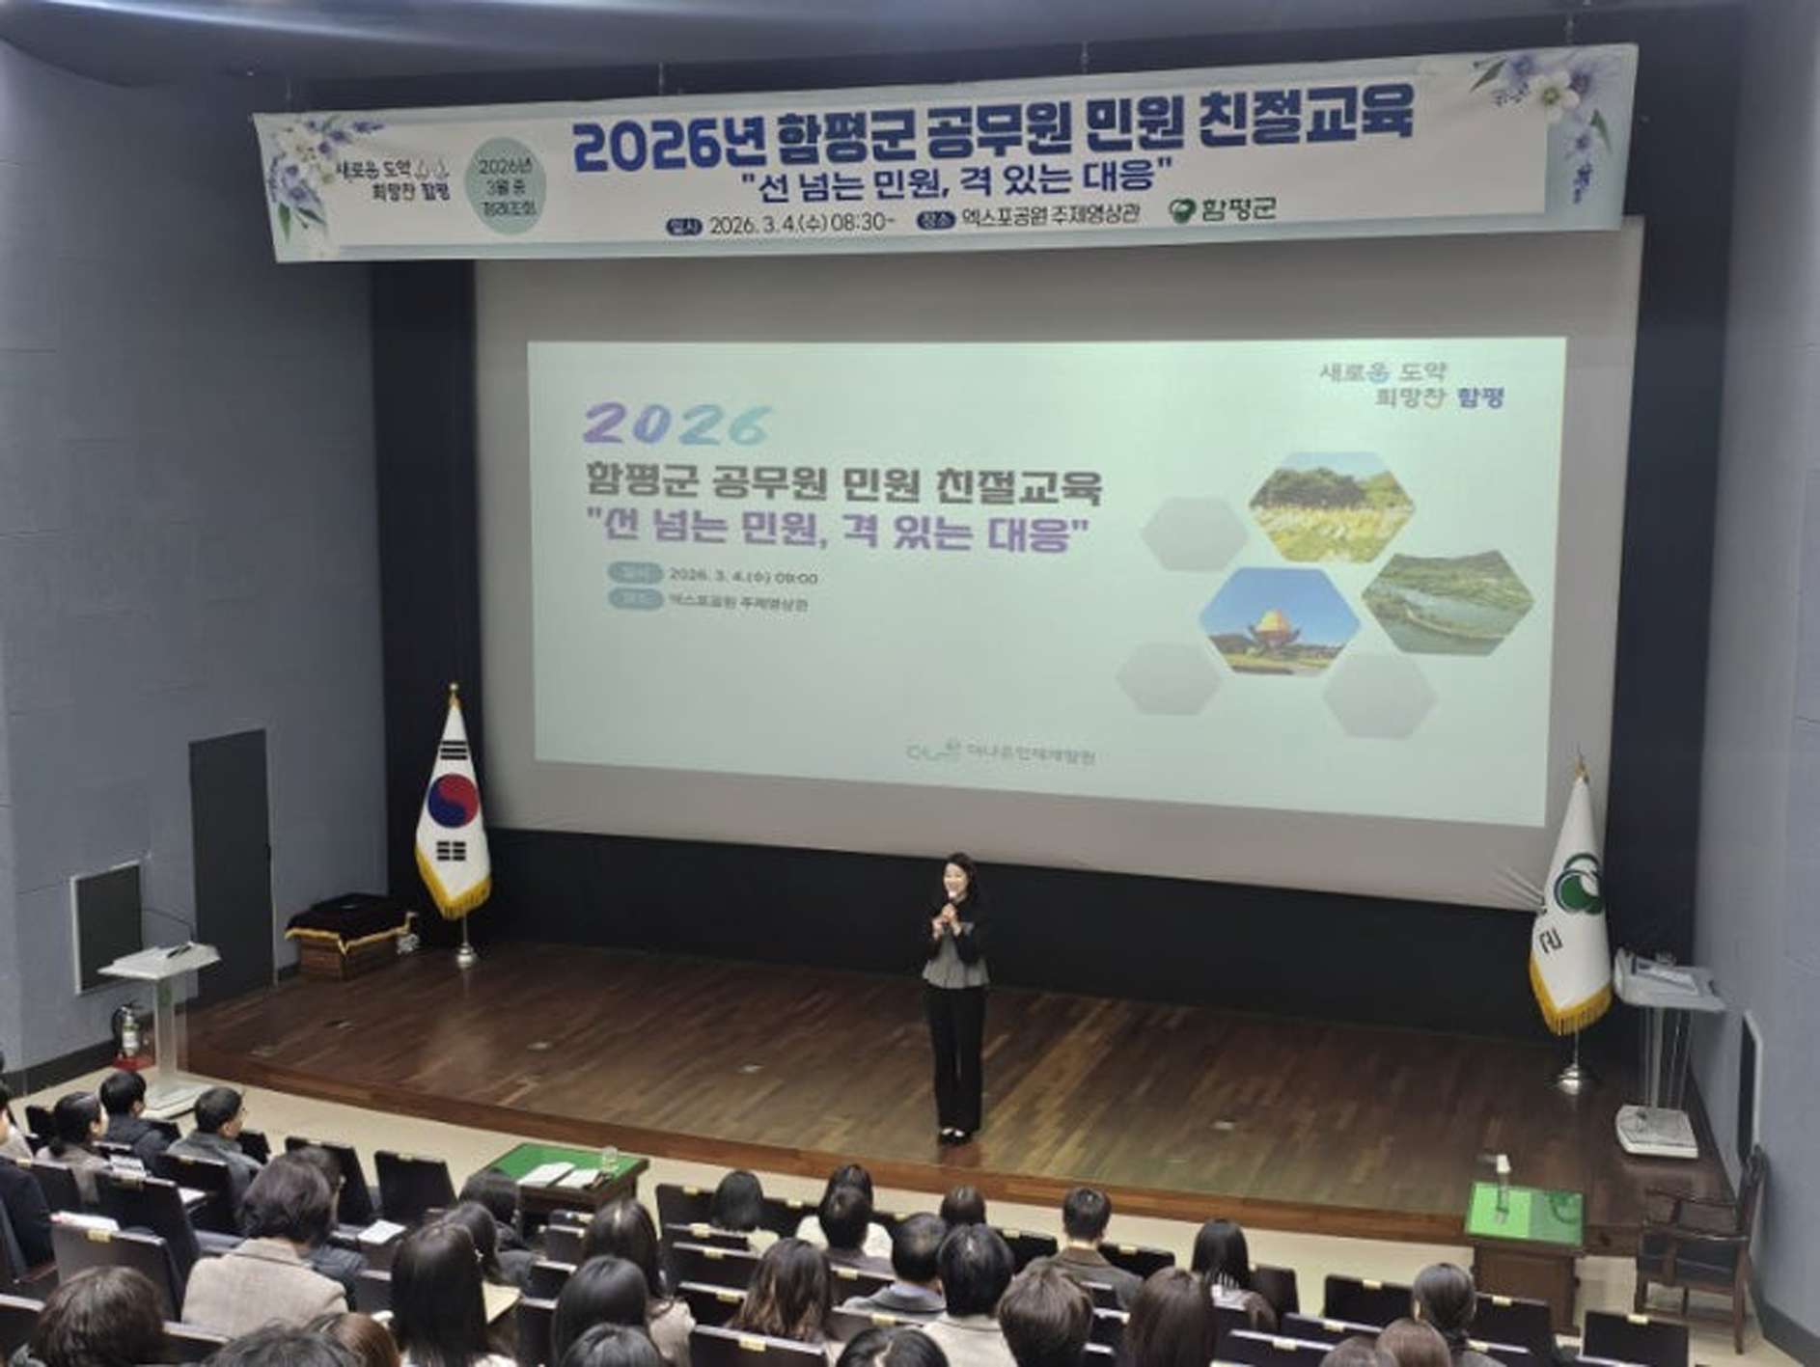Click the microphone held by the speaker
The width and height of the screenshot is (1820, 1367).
click(x=951, y=901)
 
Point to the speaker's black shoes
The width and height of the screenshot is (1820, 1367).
click(x=953, y=1135)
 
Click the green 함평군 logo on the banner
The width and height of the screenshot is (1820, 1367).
click(x=1223, y=209)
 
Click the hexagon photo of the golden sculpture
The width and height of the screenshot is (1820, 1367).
click(x=1279, y=620)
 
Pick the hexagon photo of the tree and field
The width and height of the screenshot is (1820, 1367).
click(x=1332, y=507)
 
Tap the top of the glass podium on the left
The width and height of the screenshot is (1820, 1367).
click(x=160, y=959)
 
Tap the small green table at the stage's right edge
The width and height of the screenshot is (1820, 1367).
click(x=1525, y=1215)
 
